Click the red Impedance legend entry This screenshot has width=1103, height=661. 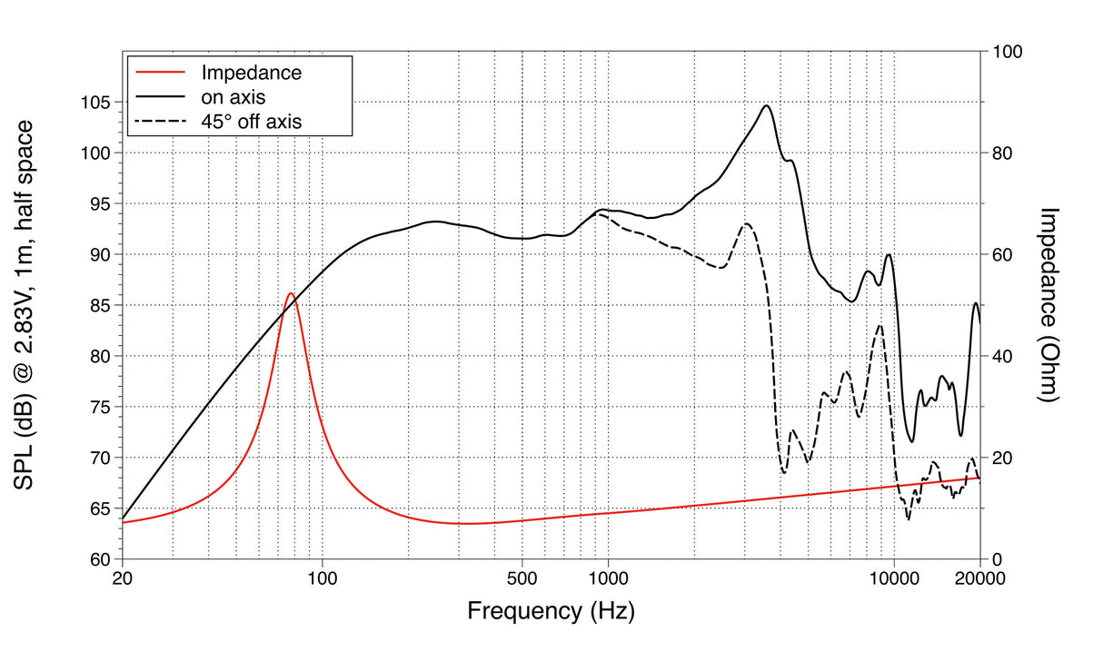[x=251, y=73]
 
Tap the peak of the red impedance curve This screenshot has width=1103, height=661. [x=290, y=293]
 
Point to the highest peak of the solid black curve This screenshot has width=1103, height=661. [x=767, y=106]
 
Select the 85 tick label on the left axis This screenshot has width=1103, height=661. [x=102, y=306]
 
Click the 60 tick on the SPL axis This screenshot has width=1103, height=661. [x=102, y=559]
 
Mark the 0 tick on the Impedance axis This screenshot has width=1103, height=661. [x=997, y=559]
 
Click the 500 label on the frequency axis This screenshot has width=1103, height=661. [x=522, y=578]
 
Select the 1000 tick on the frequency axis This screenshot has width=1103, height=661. [x=608, y=578]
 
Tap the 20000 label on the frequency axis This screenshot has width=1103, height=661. [x=979, y=578]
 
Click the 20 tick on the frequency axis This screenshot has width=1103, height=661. [x=122, y=578]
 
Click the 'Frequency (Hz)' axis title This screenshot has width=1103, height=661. [x=551, y=610]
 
